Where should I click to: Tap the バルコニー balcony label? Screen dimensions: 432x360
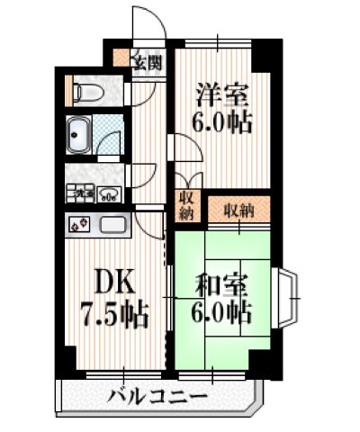[158, 396]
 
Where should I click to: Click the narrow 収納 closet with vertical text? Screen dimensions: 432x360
[186, 205]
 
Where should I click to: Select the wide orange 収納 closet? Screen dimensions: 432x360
[238, 209]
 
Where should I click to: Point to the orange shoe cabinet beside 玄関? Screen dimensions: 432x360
[121, 61]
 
